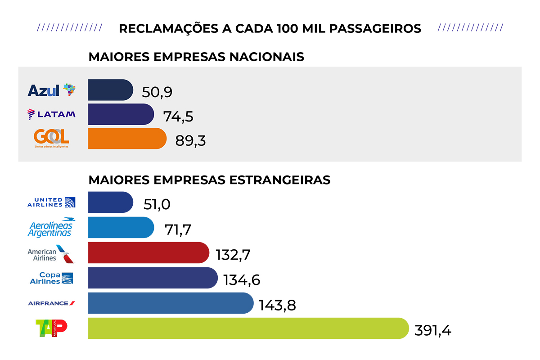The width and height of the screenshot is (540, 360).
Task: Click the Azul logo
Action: pyautogui.click(x=51, y=90)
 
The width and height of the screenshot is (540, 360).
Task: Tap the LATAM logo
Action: pyautogui.click(x=51, y=114)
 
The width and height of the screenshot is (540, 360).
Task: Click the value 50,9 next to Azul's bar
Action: pyautogui.click(x=157, y=92)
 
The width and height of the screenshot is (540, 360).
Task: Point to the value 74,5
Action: pyautogui.click(x=178, y=116)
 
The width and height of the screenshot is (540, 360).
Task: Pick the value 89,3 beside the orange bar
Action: pyautogui.click(x=190, y=140)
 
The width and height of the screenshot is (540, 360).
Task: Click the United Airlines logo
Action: pyautogui.click(x=51, y=202)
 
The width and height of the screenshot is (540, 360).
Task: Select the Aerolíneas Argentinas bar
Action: pyautogui.click(x=121, y=227)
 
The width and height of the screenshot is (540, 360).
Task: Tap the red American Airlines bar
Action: pyautogui.click(x=148, y=252)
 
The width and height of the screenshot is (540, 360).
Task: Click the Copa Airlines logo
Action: pyautogui.click(x=51, y=278)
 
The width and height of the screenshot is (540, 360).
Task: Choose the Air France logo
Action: pyautogui.click(x=51, y=303)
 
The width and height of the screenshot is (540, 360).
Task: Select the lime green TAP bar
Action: pyautogui.click(x=247, y=328)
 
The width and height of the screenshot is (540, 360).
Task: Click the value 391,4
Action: pyautogui.click(x=432, y=330)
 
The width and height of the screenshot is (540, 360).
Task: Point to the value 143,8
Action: pyautogui.click(x=277, y=305)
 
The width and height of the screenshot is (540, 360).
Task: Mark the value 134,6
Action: pyautogui.click(x=242, y=280)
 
